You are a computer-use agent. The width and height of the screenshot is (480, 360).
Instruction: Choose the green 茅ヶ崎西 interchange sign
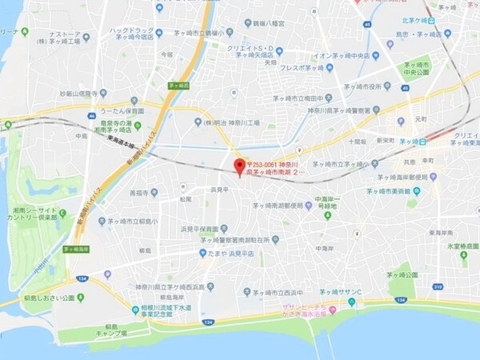tap(178, 84)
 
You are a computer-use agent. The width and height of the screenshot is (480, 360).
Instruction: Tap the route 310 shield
tap(438, 286)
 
